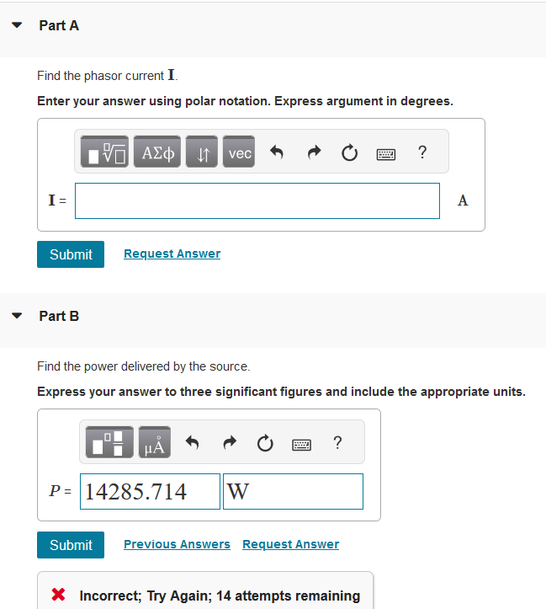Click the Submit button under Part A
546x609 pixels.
(71, 254)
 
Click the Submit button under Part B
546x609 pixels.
(71, 545)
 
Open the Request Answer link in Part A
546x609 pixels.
(172, 254)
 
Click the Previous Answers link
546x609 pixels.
(177, 544)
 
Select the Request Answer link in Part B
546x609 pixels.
(290, 544)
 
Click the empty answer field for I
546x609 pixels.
(257, 200)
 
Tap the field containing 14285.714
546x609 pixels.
(150, 491)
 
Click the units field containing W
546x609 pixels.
(293, 491)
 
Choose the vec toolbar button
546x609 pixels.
(240, 152)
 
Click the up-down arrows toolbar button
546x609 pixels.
(202, 152)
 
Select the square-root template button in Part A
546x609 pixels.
(106, 152)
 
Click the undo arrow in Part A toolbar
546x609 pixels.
(276, 152)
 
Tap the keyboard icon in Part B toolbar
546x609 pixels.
(300, 443)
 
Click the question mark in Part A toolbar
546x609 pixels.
(421, 152)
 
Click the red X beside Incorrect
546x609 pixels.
(59, 596)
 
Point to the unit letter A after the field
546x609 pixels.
(463, 200)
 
